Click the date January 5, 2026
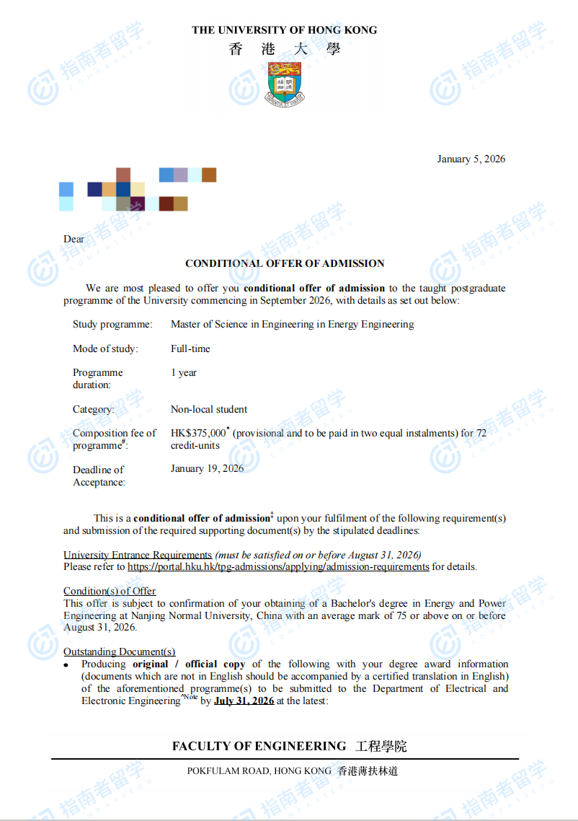pos(471,159)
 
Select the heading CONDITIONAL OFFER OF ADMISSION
pos(285,263)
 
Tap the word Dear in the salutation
pos(74,239)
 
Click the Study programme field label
pos(112,325)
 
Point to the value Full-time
pos(190,348)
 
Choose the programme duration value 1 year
pos(184,373)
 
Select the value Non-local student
pos(209,409)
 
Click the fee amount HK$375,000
pos(198,433)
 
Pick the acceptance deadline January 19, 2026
pos(207,469)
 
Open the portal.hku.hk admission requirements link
pos(278,567)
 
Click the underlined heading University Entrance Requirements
pos(138,555)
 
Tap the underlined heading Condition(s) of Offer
pos(110,591)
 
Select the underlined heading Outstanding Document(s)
pos(119,651)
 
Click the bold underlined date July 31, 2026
pos(244,701)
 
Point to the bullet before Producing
pos(66,664)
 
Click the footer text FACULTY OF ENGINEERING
pos(259,746)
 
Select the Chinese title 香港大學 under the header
pos(285,50)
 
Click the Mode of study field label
pos(105,348)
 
